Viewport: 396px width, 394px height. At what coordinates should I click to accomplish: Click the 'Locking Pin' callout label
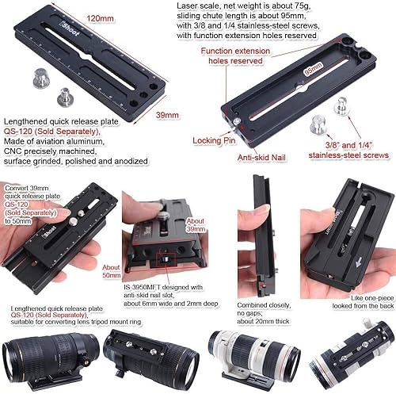tap(213, 140)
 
